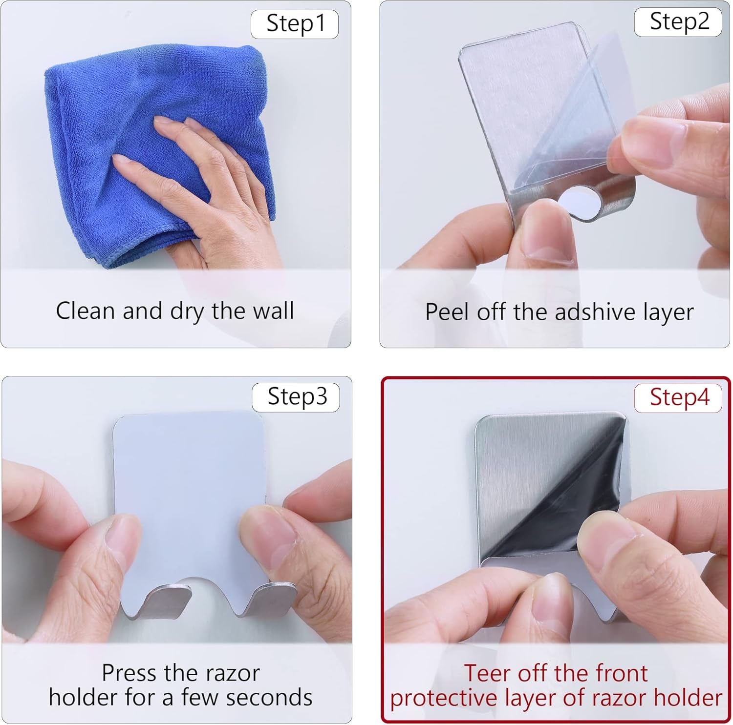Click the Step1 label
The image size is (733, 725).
click(x=295, y=24)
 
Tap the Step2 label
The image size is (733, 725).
click(x=678, y=22)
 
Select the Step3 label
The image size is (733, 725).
click(x=296, y=397)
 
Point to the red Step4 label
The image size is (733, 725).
click(x=678, y=398)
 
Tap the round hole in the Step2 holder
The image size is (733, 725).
click(x=580, y=202)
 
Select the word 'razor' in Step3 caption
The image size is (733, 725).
click(x=233, y=674)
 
